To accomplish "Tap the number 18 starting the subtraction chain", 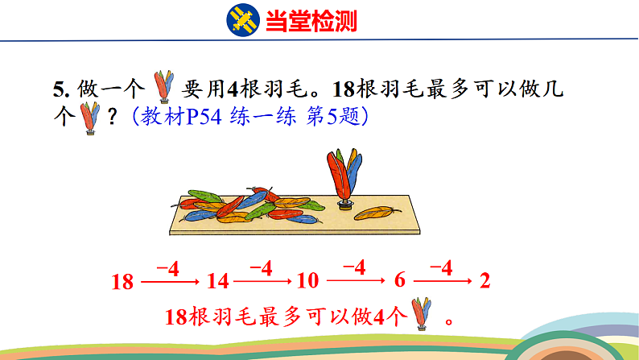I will [122, 281].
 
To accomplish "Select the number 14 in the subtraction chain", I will [217, 281].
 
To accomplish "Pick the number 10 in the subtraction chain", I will [307, 281].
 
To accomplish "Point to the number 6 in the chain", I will [400, 281].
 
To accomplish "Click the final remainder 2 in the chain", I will [484, 281].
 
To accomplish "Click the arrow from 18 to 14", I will [170, 281].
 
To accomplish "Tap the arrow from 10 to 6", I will [354, 281].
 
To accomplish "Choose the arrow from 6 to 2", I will [443, 281].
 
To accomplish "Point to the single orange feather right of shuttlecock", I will [378, 213].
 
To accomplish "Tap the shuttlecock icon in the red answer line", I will [421, 314].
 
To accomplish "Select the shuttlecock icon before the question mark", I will [89, 118].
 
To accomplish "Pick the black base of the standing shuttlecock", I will [344, 204].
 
